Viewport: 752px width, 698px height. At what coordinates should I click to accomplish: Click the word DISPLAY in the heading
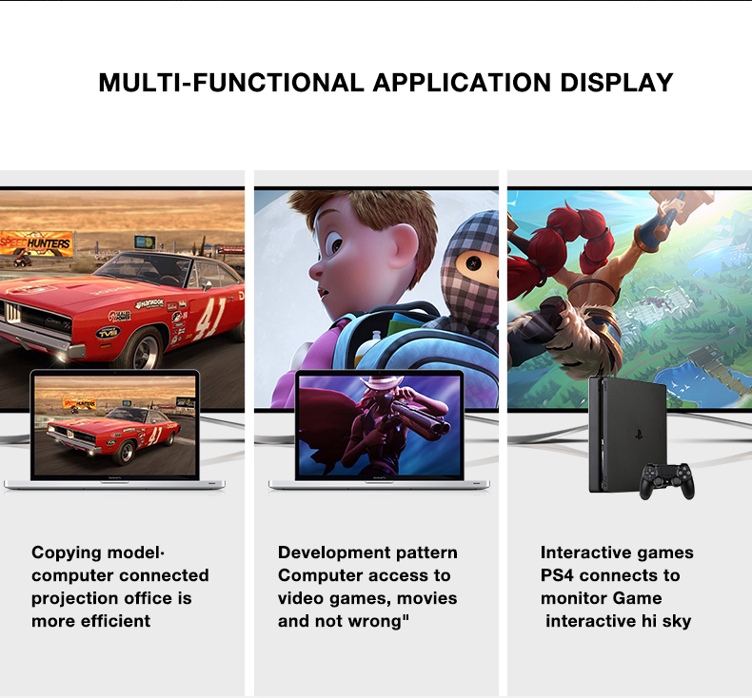click(616, 83)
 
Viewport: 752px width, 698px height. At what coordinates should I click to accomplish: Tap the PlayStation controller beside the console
click(667, 480)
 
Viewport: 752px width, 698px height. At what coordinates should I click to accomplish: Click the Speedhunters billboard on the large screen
click(36, 242)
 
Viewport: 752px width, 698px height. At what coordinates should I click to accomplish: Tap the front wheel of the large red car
click(143, 349)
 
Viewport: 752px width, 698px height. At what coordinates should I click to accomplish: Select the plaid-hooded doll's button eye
click(473, 262)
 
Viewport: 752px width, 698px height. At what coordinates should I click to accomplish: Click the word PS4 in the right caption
click(557, 575)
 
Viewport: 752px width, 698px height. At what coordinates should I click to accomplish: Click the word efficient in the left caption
click(115, 621)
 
